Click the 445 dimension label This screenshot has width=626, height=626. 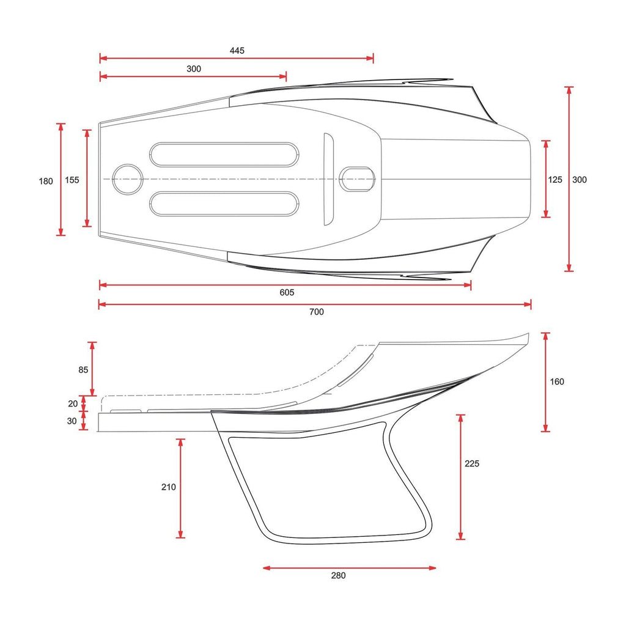237,51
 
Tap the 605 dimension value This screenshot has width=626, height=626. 287,293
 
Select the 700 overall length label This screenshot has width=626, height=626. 317,312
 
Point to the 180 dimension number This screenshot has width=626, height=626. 46,181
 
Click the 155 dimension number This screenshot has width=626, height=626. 72,180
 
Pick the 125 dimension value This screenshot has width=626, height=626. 555,180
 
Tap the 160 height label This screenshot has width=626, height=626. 557,381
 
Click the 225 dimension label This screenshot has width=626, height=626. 472,463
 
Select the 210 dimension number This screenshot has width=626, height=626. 169,487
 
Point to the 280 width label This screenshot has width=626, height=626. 338,575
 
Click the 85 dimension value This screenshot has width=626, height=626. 83,370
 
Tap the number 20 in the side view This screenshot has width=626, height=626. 73,403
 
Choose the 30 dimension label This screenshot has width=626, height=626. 72,421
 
